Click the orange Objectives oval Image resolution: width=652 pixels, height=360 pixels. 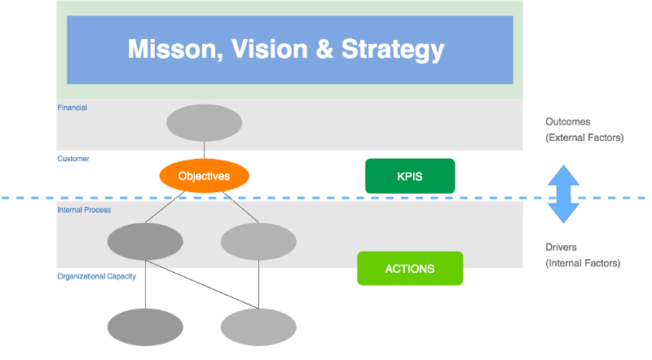pos(204,176)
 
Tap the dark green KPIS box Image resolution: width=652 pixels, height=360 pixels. pos(409,176)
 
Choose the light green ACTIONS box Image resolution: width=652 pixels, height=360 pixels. pos(410,268)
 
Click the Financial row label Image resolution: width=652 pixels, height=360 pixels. pos(73,108)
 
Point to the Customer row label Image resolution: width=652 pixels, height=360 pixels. pos(73,159)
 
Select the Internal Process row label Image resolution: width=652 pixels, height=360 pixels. pos(84,210)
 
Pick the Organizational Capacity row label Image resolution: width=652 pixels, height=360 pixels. pos(96,276)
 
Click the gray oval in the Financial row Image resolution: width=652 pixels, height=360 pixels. pos(204,123)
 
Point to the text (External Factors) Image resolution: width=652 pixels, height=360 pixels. pos(584,138)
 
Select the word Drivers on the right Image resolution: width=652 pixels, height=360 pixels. pos(562,247)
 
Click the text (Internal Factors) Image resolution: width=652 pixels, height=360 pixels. pos(583,264)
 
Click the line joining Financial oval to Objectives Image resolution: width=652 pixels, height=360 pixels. pos(204,151)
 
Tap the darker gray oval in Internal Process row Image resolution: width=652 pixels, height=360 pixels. pos(145,242)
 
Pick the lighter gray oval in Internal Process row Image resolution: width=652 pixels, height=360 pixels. pos(258,242)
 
